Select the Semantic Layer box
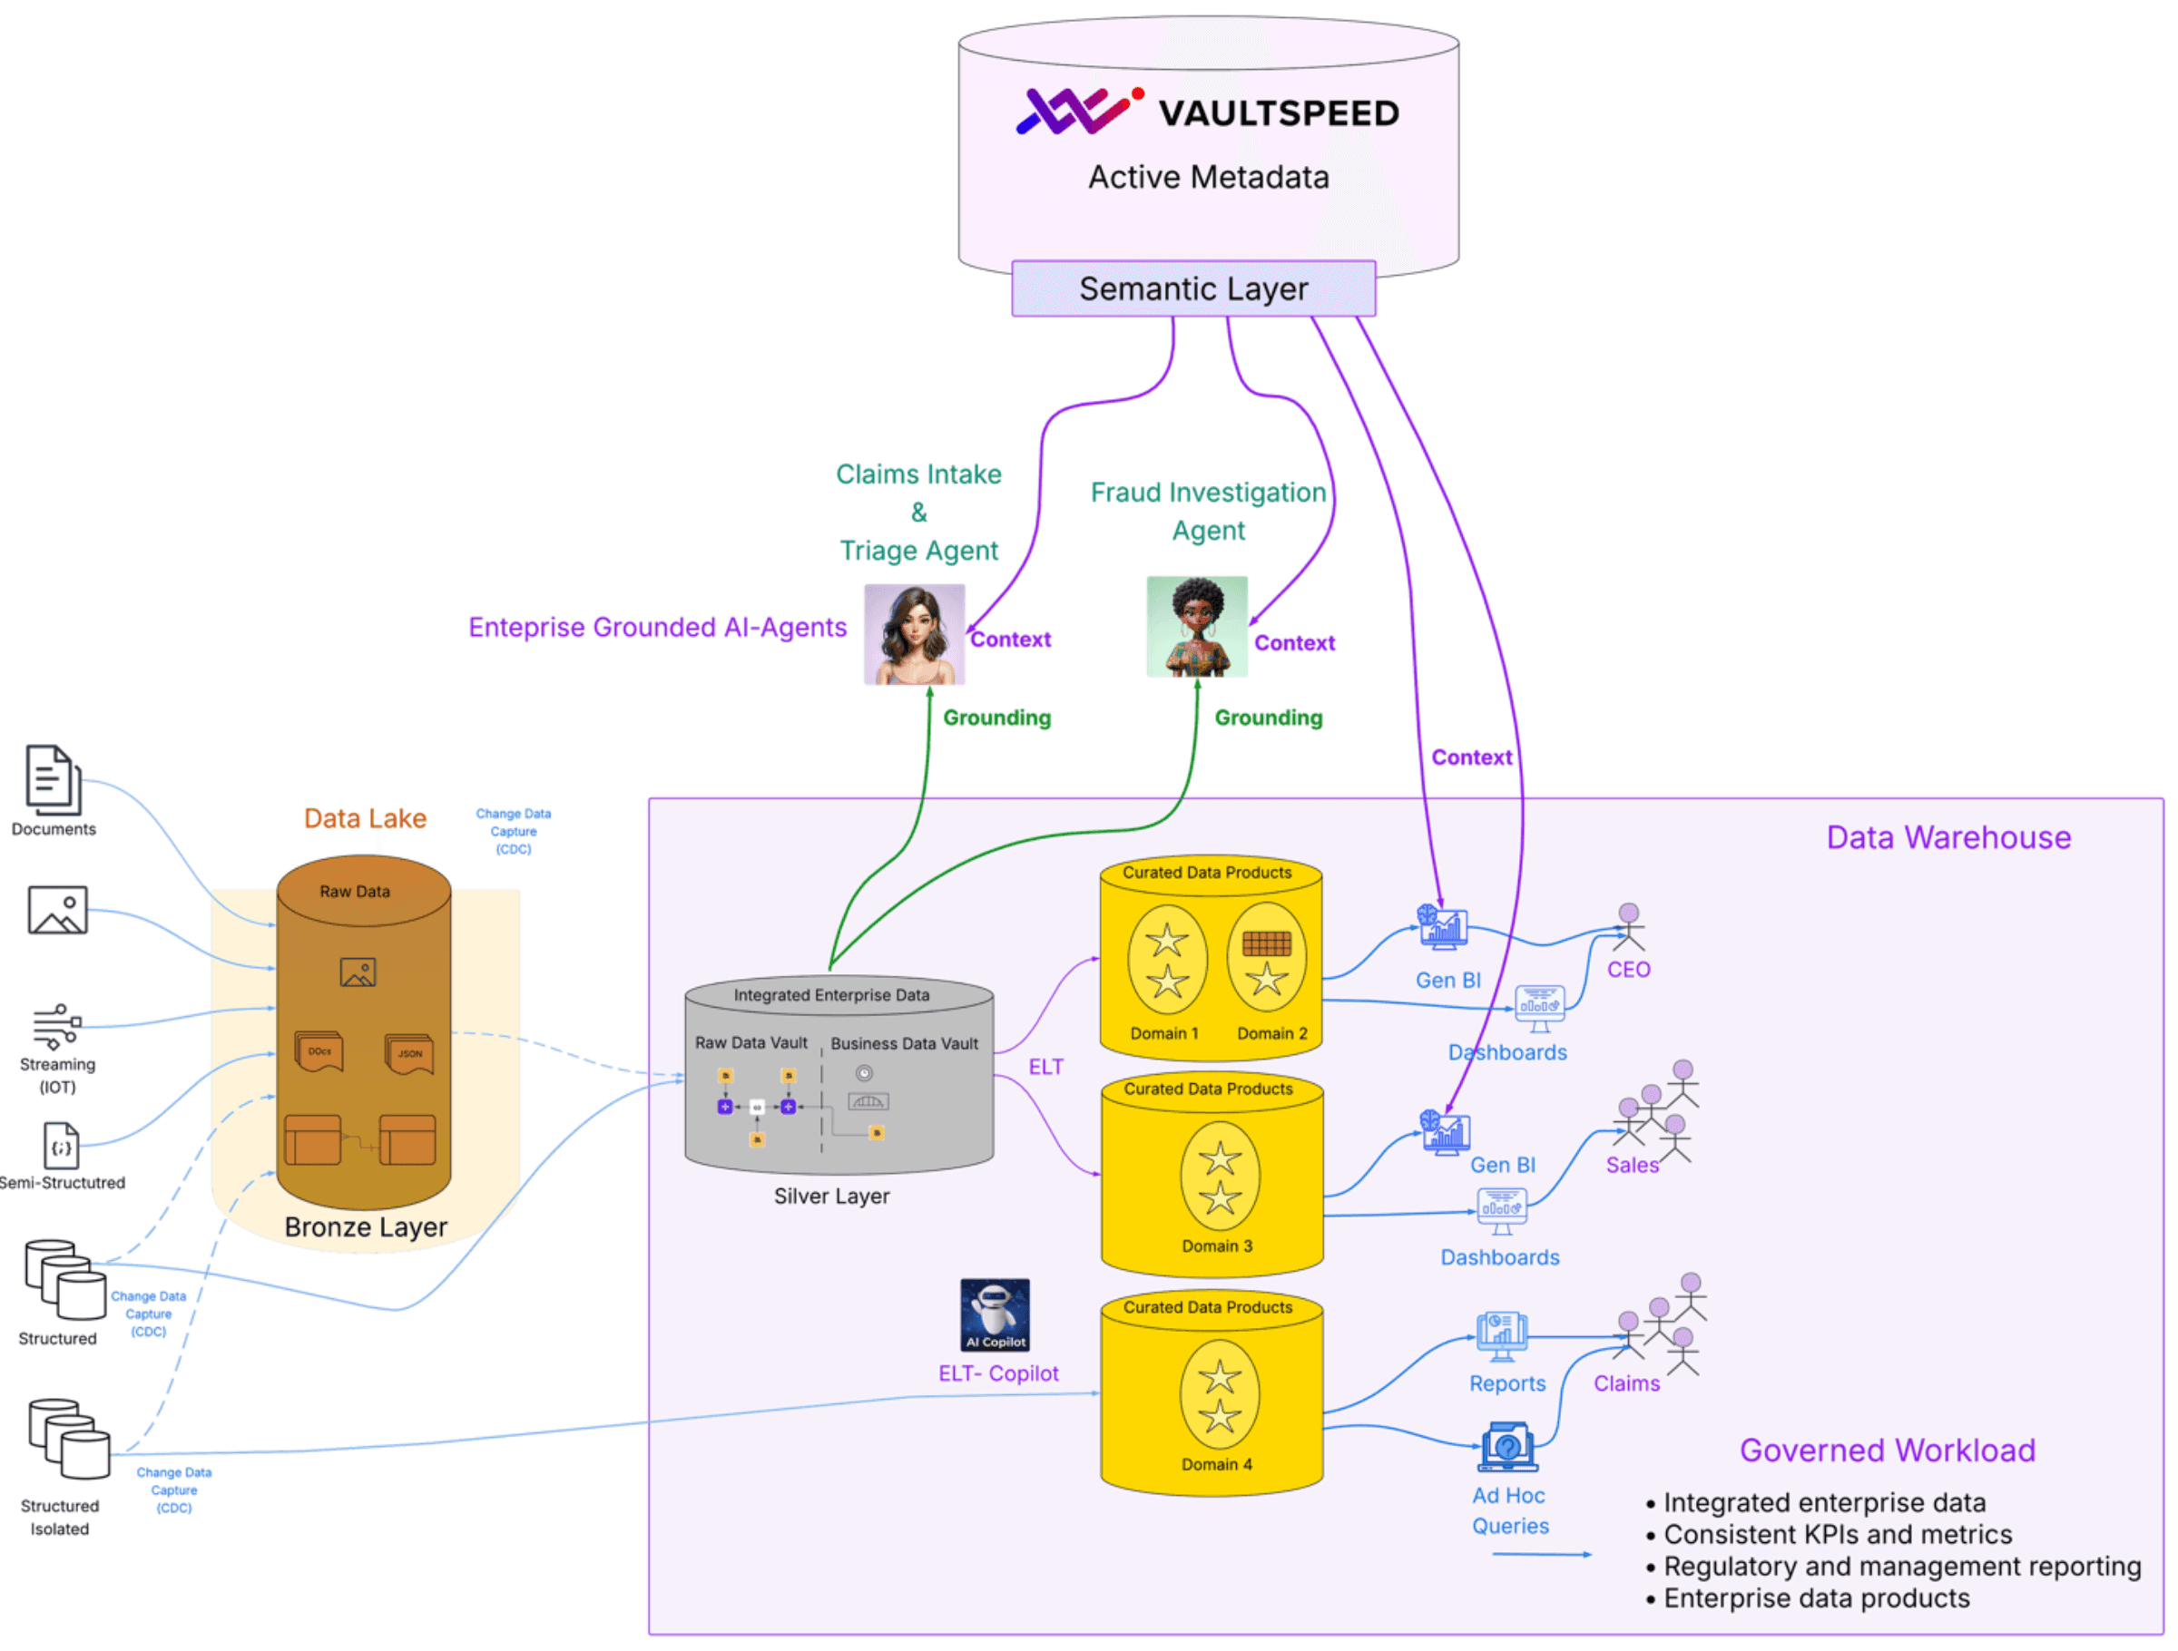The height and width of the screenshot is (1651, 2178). [1193, 288]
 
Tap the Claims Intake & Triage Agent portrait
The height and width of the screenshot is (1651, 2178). [914, 634]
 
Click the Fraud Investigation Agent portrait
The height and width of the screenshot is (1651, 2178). [1196, 626]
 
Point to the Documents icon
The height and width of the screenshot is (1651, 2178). [54, 780]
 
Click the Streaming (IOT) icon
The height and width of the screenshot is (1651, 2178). [57, 1027]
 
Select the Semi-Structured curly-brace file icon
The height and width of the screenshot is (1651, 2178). [61, 1146]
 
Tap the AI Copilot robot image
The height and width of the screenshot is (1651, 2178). [995, 1314]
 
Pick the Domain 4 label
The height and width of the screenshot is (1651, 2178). [1217, 1464]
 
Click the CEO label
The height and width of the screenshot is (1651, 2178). [1629, 970]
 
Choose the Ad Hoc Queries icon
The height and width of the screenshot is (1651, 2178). [1507, 1447]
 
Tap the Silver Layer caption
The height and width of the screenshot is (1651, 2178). [831, 1197]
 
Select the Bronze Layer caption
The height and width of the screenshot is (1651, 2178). [366, 1226]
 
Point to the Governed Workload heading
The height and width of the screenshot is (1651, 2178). [1887, 1451]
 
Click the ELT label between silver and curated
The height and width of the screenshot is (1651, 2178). [1045, 1067]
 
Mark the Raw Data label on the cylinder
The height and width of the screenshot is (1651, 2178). [355, 891]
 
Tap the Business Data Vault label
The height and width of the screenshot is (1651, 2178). [904, 1043]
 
